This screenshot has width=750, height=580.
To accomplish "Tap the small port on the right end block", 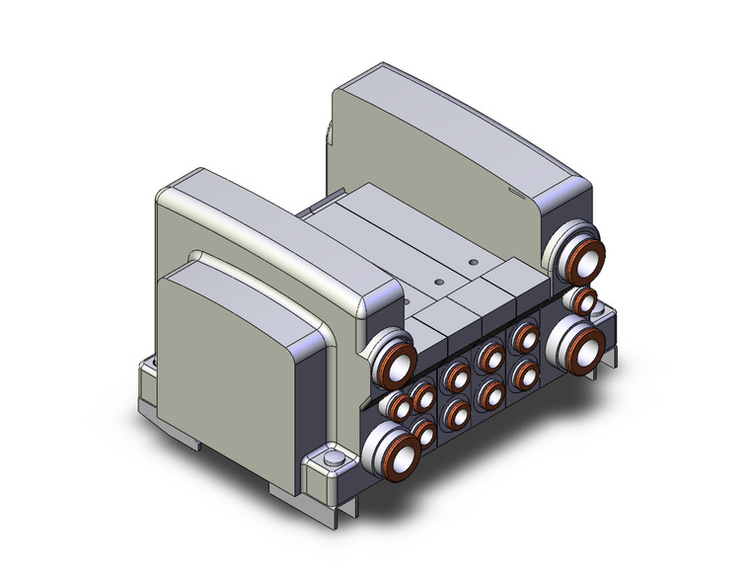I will (587, 300).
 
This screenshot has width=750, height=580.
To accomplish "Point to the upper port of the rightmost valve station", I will (523, 339).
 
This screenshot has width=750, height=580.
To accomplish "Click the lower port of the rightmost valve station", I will (523, 373).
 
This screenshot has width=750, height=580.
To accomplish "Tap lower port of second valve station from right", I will (489, 394).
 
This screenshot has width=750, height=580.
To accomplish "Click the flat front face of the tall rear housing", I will (434, 148).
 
